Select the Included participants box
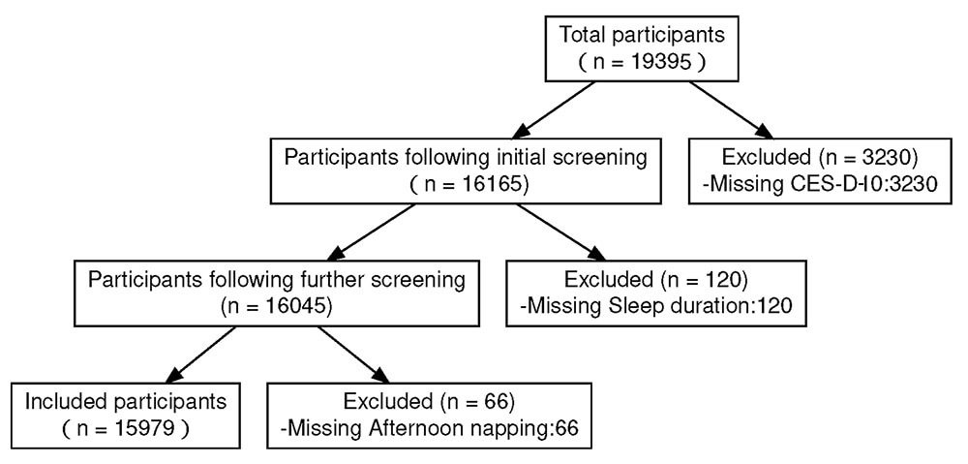(x=126, y=414)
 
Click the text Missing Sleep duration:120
(x=654, y=306)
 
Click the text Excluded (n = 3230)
(x=816, y=158)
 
